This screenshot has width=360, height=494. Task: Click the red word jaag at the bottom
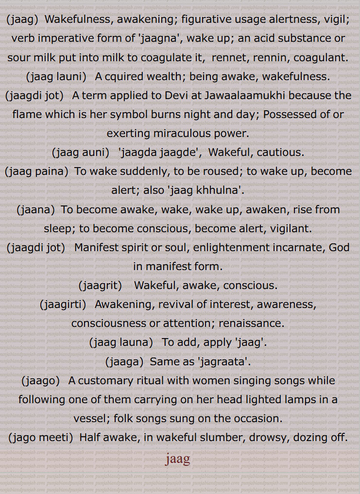177,459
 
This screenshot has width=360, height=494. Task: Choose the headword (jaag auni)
81,152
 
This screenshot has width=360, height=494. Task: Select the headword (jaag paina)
36,171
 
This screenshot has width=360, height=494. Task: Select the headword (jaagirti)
63,305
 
